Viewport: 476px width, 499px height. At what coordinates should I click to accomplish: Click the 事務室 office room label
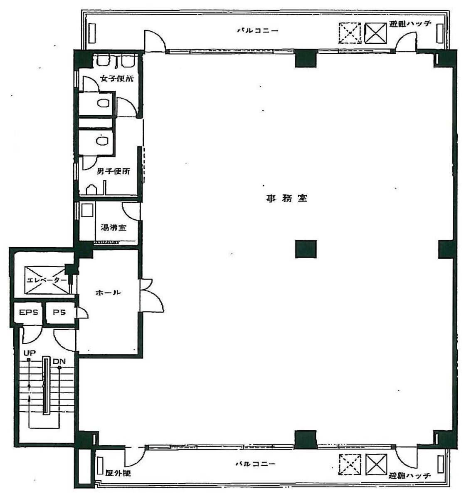(286, 199)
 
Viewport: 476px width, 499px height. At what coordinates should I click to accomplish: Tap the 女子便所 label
(117, 78)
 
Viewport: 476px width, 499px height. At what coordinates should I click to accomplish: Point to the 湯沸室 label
(113, 228)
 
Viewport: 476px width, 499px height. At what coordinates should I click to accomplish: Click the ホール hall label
(108, 293)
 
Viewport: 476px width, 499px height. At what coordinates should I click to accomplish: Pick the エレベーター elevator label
(46, 280)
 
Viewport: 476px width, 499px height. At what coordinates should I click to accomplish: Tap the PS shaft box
(59, 313)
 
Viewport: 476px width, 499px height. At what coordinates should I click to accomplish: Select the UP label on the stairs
(30, 353)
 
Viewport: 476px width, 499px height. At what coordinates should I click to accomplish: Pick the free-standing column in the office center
(306, 249)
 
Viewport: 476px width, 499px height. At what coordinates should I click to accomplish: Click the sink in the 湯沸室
(87, 211)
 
